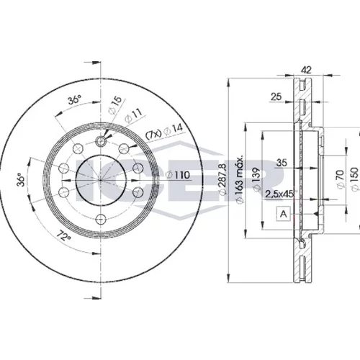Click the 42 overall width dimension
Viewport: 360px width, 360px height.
click(x=306, y=70)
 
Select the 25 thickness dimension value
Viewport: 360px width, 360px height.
click(x=276, y=96)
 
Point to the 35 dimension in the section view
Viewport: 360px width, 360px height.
click(x=282, y=163)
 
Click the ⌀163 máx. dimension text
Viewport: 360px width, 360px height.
click(x=240, y=179)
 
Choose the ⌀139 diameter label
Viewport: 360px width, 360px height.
click(x=257, y=180)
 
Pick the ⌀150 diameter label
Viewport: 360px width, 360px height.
click(x=355, y=179)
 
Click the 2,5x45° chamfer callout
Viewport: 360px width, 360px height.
click(x=280, y=194)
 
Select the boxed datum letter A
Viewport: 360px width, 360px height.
click(x=284, y=213)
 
